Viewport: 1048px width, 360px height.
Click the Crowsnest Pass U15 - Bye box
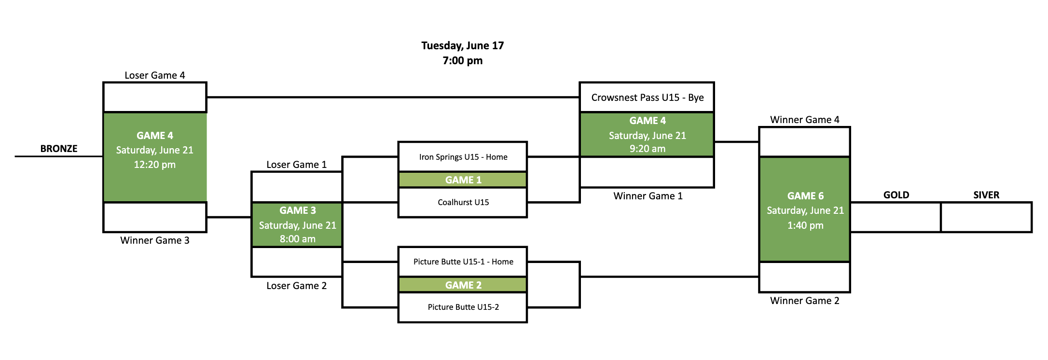[x=647, y=97]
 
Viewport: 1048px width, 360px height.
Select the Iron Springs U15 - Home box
[x=463, y=157]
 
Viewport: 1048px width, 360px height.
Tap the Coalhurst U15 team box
[x=463, y=202]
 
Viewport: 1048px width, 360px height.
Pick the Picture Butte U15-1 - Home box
[x=463, y=262]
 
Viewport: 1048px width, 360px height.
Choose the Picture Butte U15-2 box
[x=463, y=307]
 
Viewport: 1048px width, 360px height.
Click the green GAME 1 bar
[x=463, y=180]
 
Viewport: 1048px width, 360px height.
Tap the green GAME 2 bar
[x=463, y=285]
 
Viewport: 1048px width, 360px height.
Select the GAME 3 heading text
[x=297, y=210]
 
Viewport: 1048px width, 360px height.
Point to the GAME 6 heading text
[x=805, y=196]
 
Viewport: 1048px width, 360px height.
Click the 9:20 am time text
[x=647, y=149]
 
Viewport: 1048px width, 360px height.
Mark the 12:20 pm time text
[x=154, y=165]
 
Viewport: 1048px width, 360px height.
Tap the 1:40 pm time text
[x=805, y=225]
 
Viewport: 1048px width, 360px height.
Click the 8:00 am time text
[x=297, y=239]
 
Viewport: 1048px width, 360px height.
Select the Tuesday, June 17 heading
[x=462, y=46]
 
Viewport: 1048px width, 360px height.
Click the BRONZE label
[x=59, y=149]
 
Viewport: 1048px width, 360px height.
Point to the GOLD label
[x=896, y=195]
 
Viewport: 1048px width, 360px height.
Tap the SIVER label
[x=986, y=195]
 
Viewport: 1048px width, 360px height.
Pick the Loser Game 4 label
[x=154, y=75]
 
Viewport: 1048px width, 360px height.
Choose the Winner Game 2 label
[x=804, y=301]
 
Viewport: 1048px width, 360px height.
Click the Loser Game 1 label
[x=296, y=165]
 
